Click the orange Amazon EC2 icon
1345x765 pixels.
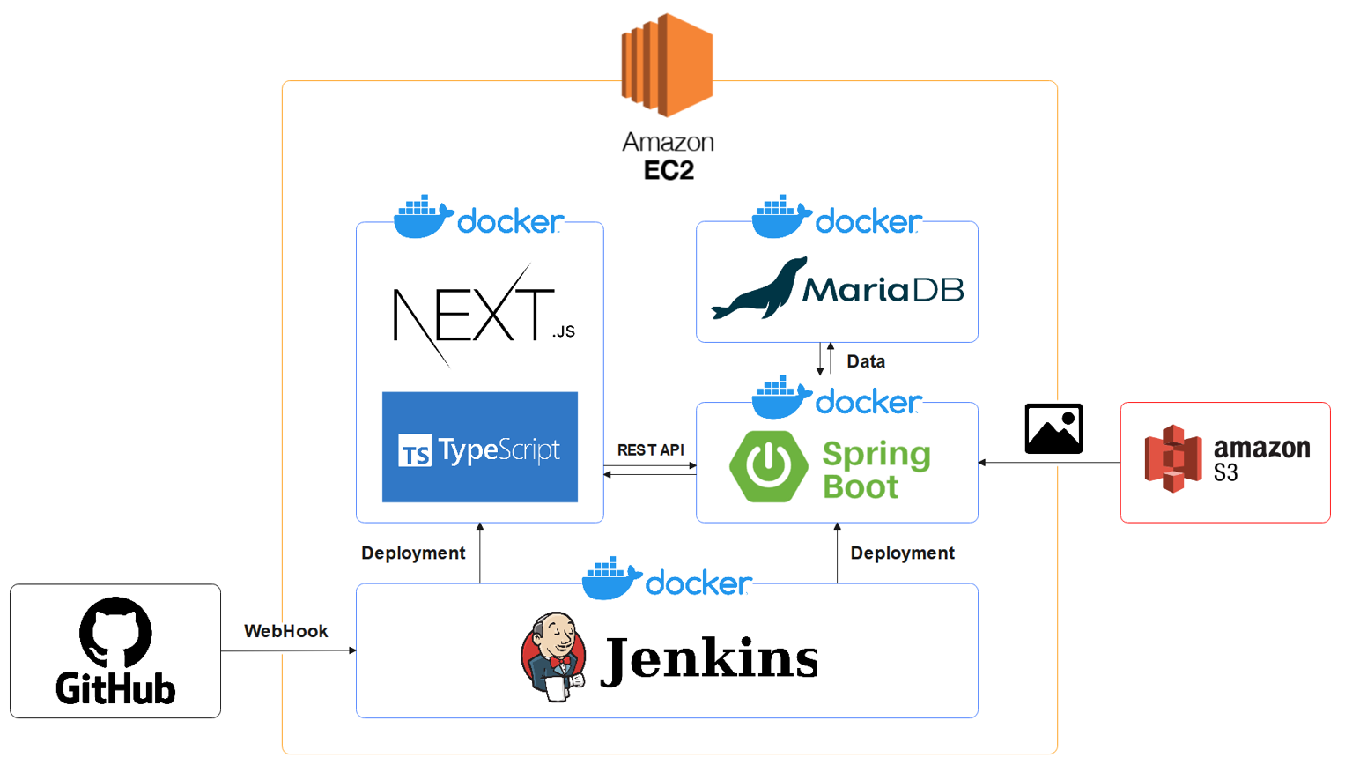pos(667,65)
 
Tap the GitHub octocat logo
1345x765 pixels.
pos(115,633)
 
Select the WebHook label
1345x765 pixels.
pos(285,631)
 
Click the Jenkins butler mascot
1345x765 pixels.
pos(553,657)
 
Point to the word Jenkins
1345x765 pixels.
pos(710,658)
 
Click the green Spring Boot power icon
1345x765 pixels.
pos(768,466)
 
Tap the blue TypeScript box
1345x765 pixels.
pos(480,448)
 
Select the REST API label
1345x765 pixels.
pos(650,449)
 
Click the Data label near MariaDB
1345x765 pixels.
pos(865,361)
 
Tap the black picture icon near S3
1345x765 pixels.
pos(1053,429)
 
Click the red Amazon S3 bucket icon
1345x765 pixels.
pos(1172,458)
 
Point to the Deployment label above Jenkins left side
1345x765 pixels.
pos(413,553)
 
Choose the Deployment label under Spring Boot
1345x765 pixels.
pos(902,553)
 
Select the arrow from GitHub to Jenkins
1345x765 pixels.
pos(288,651)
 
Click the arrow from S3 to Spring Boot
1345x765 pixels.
pos(1048,462)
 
